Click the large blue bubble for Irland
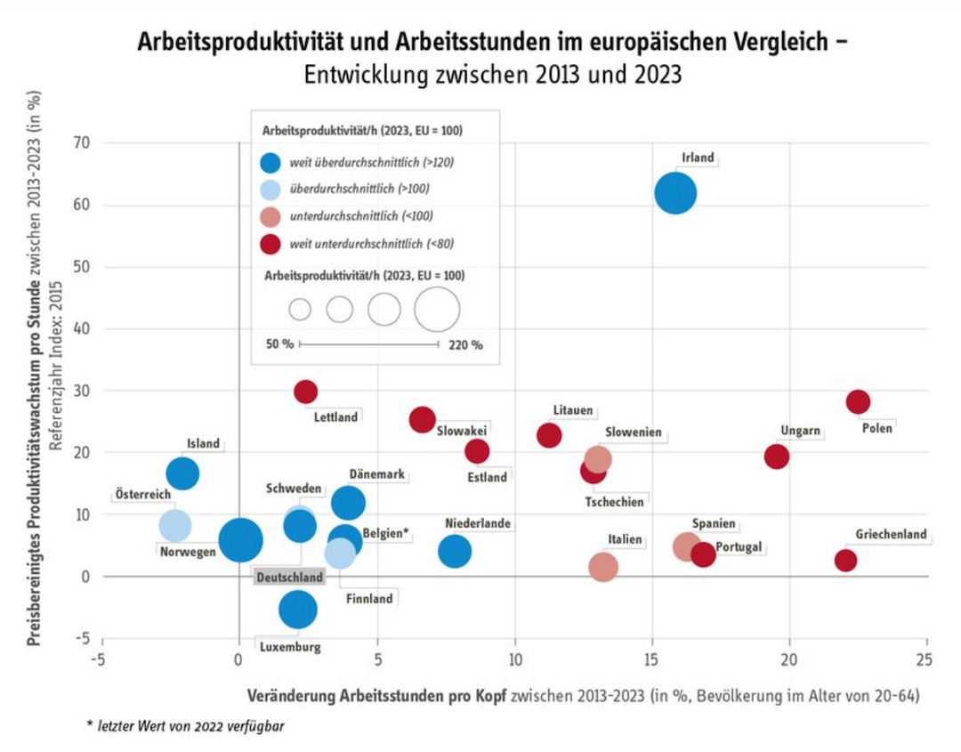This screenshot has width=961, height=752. tap(675, 193)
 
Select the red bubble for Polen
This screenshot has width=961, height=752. tap(858, 401)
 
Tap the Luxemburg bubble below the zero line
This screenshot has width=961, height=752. tap(298, 610)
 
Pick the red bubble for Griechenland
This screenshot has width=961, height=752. tap(845, 561)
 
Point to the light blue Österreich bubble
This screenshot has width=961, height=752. tap(175, 525)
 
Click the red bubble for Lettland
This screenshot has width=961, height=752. tap(305, 392)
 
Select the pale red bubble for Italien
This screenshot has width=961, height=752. tap(603, 566)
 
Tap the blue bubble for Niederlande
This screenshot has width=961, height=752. tap(455, 552)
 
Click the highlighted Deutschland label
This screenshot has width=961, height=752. tap(289, 578)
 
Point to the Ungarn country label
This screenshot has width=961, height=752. tap(800, 432)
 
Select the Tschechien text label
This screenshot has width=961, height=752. tap(614, 502)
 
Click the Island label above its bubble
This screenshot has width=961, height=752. tap(203, 444)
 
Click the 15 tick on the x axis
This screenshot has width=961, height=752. tap(652, 658)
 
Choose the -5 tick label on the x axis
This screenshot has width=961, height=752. tap(101, 658)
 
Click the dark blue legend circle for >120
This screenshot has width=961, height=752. tap(271, 162)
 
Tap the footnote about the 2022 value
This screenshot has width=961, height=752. tap(186, 725)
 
